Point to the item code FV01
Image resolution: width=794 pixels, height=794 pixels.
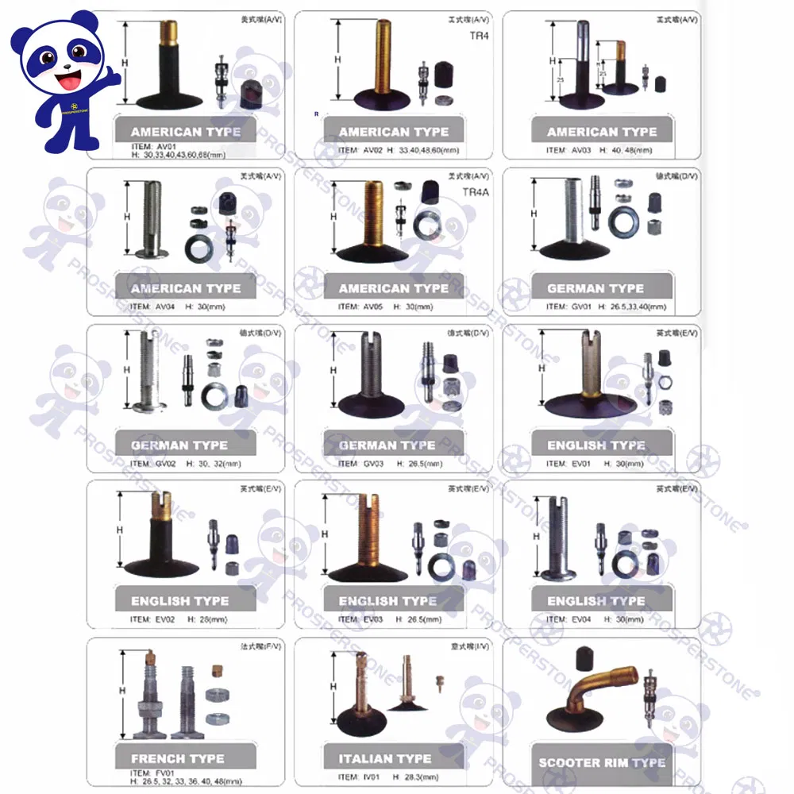coord(164,772)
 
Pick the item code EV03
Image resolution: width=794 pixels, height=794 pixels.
coord(373,620)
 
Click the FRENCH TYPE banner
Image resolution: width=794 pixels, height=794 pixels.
coord(178,759)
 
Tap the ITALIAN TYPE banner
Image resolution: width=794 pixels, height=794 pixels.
coord(387,759)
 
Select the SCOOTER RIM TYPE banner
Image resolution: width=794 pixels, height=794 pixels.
coord(602,763)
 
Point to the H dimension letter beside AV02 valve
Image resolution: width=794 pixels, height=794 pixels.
coord(337,60)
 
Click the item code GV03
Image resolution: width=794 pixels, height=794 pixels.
coord(373,464)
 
